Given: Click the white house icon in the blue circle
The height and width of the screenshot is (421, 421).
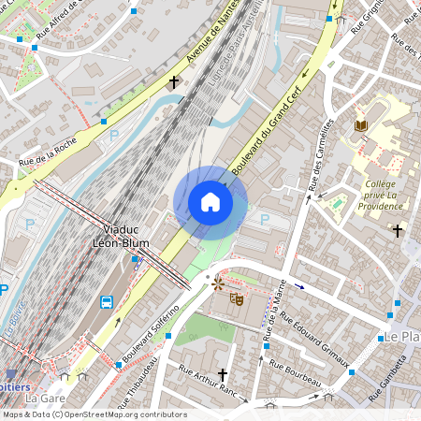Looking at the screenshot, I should pos(210,202).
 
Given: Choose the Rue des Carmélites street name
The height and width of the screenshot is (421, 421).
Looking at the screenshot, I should pos(319,155).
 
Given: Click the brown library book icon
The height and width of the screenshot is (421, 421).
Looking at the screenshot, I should pos(361,125).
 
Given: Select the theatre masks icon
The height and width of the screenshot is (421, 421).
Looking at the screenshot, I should pos(237,298).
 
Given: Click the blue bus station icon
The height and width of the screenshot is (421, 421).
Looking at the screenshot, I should pos(107,302).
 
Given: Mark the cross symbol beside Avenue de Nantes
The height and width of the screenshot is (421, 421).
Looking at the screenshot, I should pos(173,82).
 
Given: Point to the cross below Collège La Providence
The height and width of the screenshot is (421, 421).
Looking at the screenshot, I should pos(398,229).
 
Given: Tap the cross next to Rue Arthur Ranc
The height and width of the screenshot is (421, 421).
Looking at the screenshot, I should pos(223,375).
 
